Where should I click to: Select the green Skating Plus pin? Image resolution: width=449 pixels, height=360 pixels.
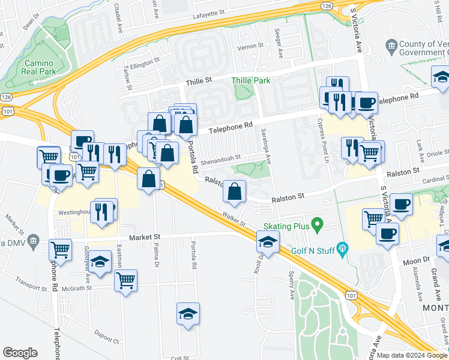coord(318,226)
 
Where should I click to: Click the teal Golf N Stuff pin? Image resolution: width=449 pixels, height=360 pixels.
coord(343,247)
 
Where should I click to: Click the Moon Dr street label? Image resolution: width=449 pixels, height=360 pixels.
coord(414,260)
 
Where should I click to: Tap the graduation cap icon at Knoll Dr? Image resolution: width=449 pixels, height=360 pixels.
coord(267,243)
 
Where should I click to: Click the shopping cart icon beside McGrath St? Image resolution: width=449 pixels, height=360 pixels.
coord(125,280)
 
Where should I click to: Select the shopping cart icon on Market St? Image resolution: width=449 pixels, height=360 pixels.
coord(61,248)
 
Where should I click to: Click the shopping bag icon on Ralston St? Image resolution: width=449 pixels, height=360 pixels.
coord(235,192)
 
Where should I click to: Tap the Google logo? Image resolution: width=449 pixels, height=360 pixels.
coord(20,353)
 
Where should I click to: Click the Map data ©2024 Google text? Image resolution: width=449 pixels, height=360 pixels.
coord(411,355)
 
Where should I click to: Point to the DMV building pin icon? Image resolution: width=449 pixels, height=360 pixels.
coord(34,242)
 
